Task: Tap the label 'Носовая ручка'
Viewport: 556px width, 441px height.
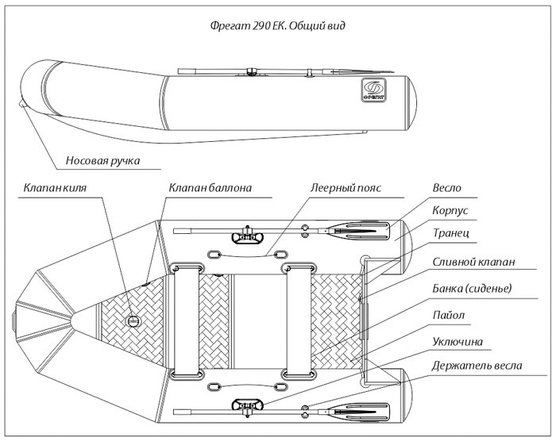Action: pyautogui.click(x=104, y=161)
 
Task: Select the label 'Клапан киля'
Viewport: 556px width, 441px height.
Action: pyautogui.click(x=60, y=189)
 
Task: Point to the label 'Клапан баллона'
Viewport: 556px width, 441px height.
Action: pyautogui.click(x=210, y=189)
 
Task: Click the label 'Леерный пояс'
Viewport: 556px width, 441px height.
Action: pyautogui.click(x=346, y=189)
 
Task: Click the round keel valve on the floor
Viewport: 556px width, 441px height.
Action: pyautogui.click(x=133, y=320)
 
